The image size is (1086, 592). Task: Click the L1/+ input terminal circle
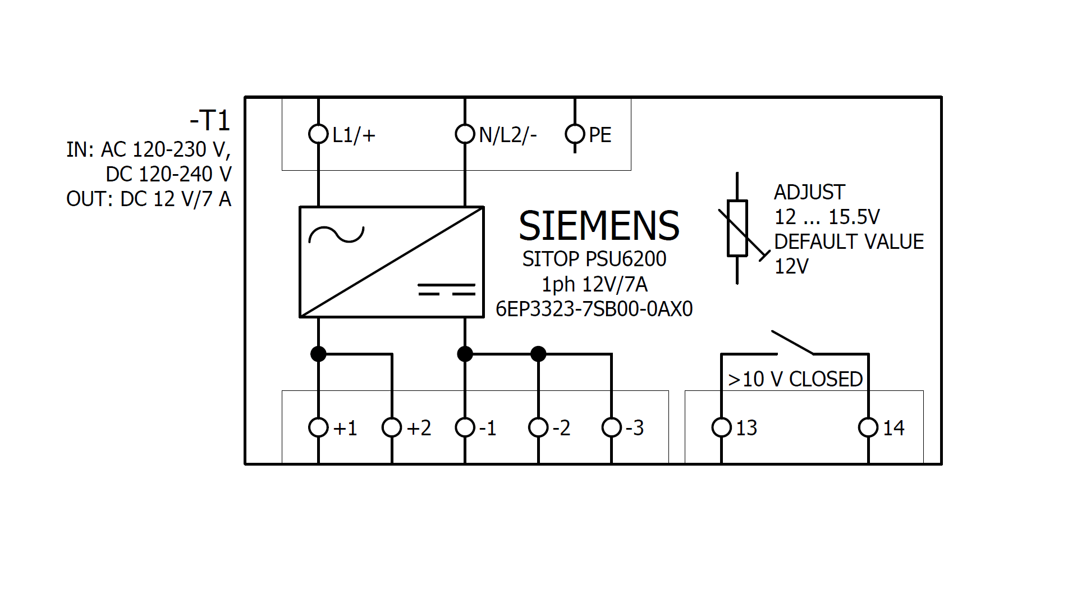(x=318, y=134)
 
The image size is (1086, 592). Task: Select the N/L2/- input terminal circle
(x=465, y=134)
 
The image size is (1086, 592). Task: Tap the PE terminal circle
(x=575, y=134)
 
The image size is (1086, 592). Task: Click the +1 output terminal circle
(x=318, y=427)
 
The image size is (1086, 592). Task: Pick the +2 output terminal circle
(x=392, y=427)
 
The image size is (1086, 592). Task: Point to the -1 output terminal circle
(x=465, y=427)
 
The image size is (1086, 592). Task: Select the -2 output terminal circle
(x=538, y=427)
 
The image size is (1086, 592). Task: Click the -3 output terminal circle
(x=611, y=427)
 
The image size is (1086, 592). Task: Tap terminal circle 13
(x=721, y=427)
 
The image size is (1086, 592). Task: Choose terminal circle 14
(x=868, y=427)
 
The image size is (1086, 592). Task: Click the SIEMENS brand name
(x=599, y=226)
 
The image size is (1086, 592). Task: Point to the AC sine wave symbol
(x=337, y=234)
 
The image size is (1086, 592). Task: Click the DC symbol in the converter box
(x=446, y=290)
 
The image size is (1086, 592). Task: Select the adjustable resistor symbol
(x=737, y=228)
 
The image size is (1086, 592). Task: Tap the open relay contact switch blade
(x=792, y=343)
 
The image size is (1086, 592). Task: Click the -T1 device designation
(x=210, y=121)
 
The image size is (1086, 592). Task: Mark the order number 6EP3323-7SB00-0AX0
(x=594, y=309)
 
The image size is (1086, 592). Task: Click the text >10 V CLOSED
(x=795, y=380)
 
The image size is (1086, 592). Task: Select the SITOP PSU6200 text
(x=594, y=259)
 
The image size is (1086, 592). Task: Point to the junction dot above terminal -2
(x=538, y=354)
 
